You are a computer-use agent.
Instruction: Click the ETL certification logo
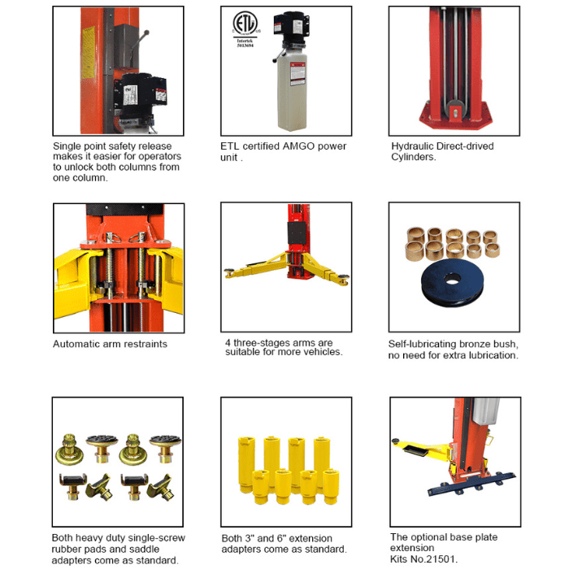click(x=245, y=24)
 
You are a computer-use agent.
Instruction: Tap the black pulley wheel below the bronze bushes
click(x=452, y=283)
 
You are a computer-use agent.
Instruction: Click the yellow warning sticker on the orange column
click(x=88, y=53)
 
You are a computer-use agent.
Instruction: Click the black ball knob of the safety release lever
click(x=146, y=33)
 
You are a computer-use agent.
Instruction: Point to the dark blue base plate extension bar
click(x=471, y=484)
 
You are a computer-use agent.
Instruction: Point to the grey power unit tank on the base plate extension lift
click(x=485, y=410)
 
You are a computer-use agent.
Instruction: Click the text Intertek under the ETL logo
click(x=245, y=41)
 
